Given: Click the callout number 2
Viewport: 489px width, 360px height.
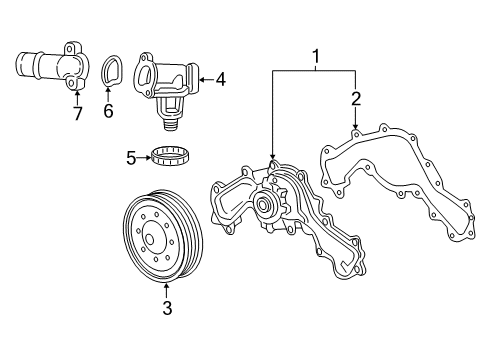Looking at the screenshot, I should coord(355,97).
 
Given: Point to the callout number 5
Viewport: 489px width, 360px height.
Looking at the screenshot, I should coord(130,156).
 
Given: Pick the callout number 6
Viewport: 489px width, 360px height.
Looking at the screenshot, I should coord(109,109).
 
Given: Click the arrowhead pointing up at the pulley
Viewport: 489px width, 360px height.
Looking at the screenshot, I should coord(166,289).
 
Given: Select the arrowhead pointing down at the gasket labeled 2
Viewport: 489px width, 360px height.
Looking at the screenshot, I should coord(355,125).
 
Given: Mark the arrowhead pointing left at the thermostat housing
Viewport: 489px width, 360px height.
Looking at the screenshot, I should coord(202,76).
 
